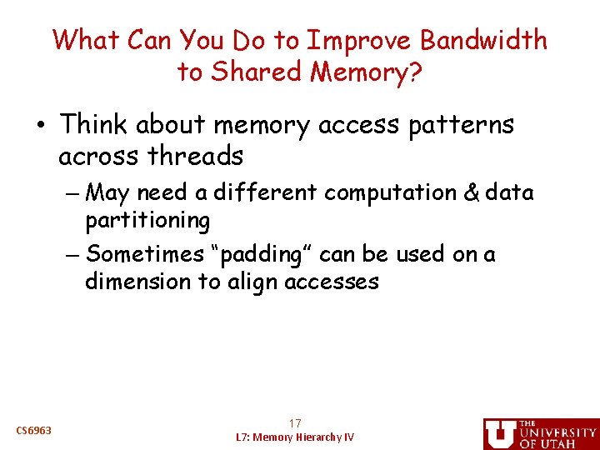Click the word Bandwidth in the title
(484, 40)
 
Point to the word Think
(92, 125)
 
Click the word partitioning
(147, 221)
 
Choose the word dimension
(137, 282)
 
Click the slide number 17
(295, 423)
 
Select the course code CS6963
(34, 431)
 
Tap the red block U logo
(499, 433)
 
